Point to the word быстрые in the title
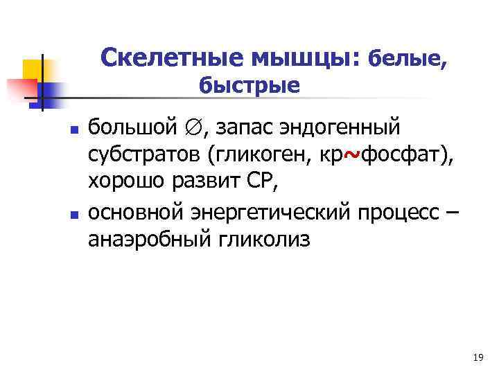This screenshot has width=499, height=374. pyautogui.click(x=249, y=86)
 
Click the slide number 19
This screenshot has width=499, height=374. pyautogui.click(x=477, y=357)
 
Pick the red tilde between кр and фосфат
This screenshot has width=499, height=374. pyautogui.click(x=351, y=156)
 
